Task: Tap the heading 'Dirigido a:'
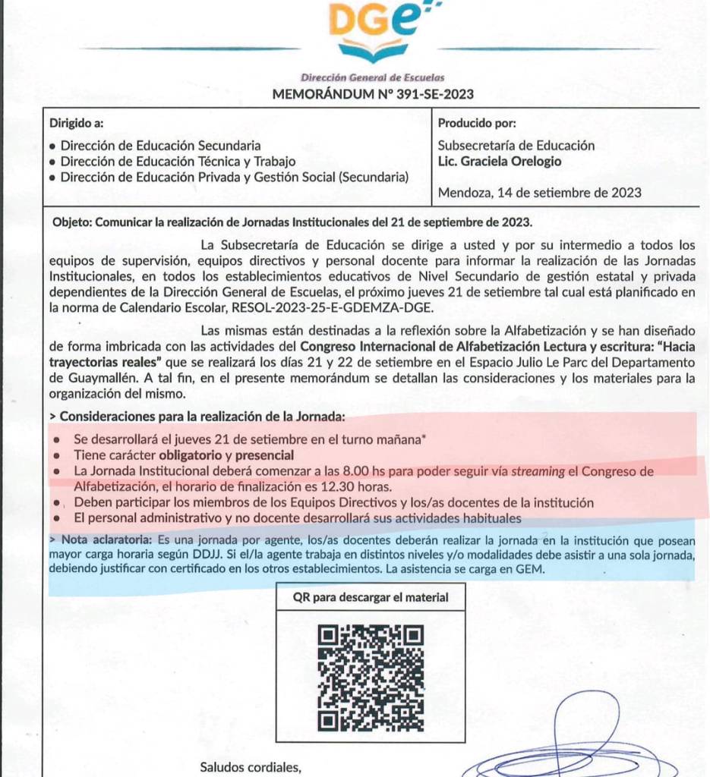pyautogui.click(x=77, y=123)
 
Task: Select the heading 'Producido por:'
pyautogui.click(x=478, y=123)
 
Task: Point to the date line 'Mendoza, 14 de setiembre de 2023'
pyautogui.click(x=540, y=193)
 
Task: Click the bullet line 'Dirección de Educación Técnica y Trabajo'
pyautogui.click(x=178, y=162)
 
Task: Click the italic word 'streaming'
pyautogui.click(x=538, y=471)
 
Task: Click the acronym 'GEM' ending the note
pyautogui.click(x=532, y=570)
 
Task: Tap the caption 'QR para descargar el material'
pyautogui.click(x=371, y=597)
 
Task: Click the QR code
pyautogui.click(x=371, y=678)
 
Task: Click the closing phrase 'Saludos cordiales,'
pyautogui.click(x=251, y=767)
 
